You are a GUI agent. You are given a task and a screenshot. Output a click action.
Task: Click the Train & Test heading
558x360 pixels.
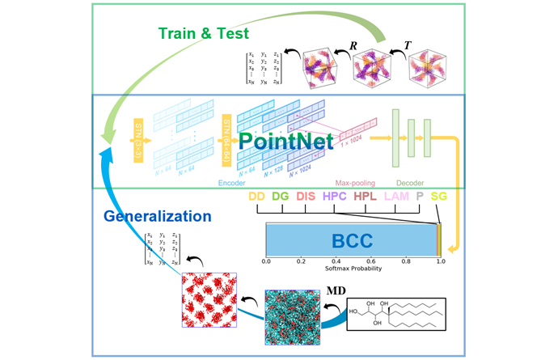(203, 34)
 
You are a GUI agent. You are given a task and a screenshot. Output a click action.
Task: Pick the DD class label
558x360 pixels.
(256, 196)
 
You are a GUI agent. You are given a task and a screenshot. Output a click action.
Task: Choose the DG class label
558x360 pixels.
(280, 196)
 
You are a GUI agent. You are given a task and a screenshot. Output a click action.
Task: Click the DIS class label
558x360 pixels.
(306, 196)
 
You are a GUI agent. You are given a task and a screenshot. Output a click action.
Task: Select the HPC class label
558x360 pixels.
(335, 196)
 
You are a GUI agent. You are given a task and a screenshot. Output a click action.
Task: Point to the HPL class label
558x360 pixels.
(366, 196)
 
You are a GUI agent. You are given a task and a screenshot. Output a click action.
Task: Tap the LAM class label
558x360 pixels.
(396, 196)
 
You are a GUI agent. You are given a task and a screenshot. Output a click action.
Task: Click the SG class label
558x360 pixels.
(439, 196)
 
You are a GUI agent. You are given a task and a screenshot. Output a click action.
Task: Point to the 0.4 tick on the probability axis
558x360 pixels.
(336, 262)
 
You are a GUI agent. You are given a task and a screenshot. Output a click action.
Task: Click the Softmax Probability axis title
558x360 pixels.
(353, 269)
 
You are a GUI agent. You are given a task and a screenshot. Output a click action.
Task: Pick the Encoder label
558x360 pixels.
(232, 183)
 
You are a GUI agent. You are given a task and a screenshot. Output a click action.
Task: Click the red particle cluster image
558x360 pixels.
(209, 308)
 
